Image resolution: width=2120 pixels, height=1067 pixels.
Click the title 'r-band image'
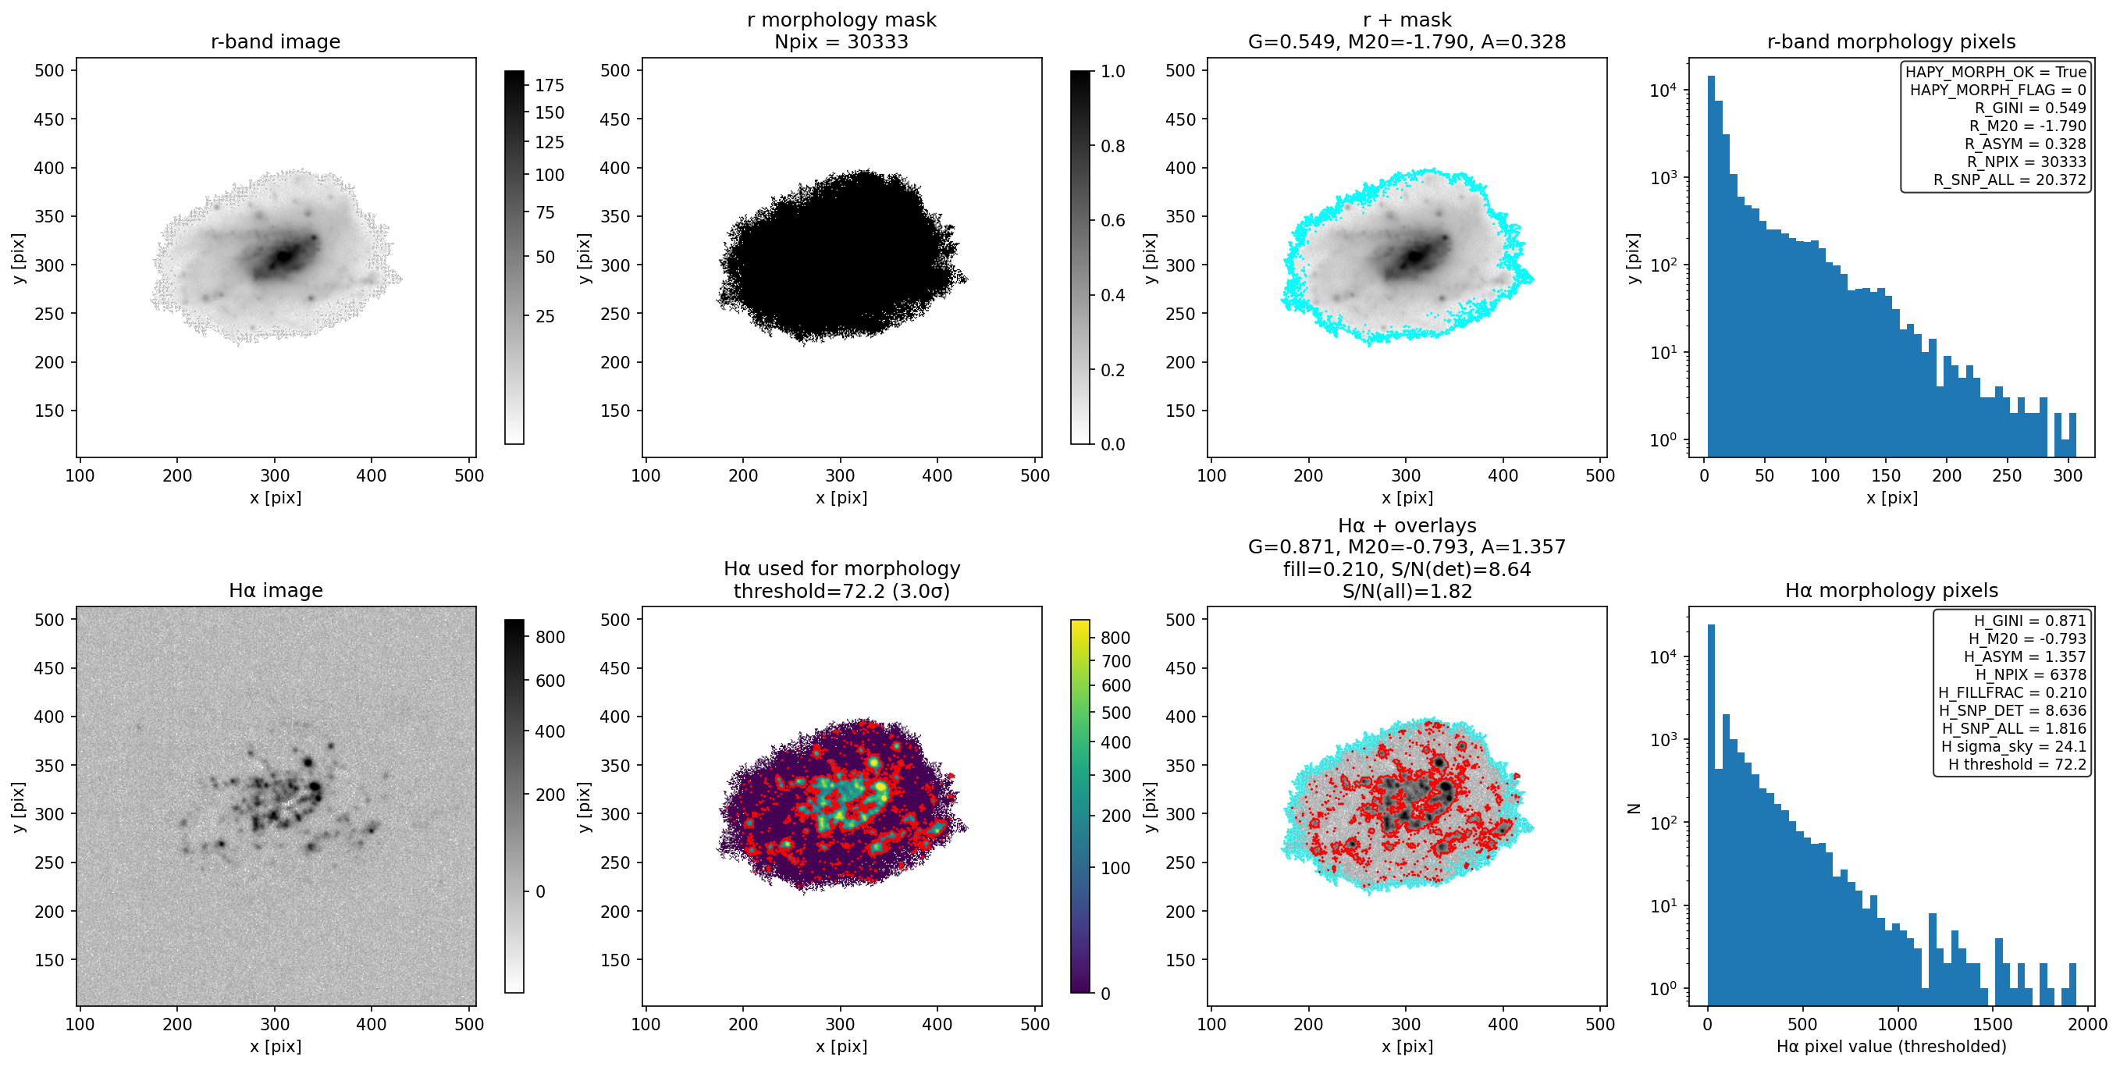coord(275,41)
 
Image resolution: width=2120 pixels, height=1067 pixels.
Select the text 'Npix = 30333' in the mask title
coord(841,41)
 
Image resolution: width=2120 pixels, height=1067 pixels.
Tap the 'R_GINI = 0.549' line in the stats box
coord(2029,108)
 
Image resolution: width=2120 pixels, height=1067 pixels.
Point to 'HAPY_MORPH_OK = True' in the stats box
coord(1996,72)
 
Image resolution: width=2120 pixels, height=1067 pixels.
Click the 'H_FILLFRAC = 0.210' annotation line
coord(2012,692)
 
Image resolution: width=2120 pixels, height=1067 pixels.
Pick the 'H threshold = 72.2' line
coord(2017,764)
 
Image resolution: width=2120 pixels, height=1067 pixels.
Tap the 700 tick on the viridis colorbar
coord(1115,661)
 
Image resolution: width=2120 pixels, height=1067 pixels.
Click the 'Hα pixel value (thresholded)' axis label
coord(1891,1047)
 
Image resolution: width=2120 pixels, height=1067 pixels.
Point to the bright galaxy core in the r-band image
coord(283,256)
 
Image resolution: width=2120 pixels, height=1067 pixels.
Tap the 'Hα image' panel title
coord(275,590)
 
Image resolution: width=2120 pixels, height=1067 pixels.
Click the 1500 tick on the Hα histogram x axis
coord(1992,1024)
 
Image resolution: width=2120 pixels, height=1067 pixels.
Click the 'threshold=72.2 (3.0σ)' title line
coord(841,591)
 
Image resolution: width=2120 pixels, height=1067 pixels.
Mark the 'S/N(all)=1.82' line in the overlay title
coord(1407,591)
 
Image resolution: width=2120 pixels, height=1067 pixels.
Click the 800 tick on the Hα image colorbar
coord(549,638)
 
